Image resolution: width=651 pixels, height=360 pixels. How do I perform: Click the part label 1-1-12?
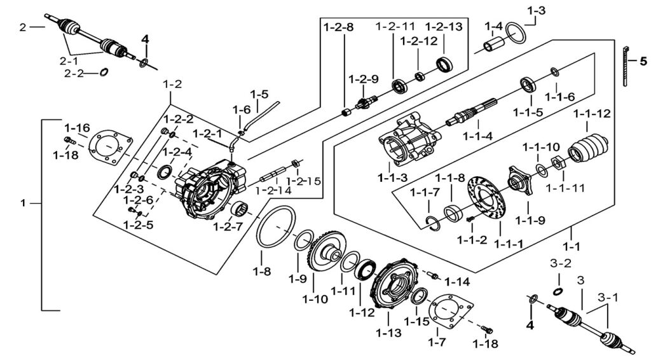591,114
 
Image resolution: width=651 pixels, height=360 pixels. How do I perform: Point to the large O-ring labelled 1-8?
275,230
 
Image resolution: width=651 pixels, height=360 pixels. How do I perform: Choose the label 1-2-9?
363,79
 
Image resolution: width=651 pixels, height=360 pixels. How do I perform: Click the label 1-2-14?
275,190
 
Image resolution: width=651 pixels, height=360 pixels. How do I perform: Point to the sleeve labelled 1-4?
495,46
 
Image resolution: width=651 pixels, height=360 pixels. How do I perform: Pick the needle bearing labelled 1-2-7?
240,207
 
